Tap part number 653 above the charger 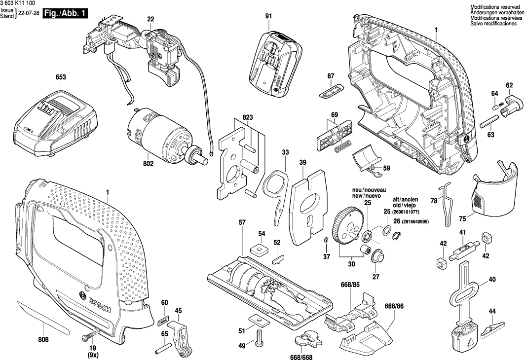61,77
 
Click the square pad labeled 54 258,250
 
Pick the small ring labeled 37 326,240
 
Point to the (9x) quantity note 93,355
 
